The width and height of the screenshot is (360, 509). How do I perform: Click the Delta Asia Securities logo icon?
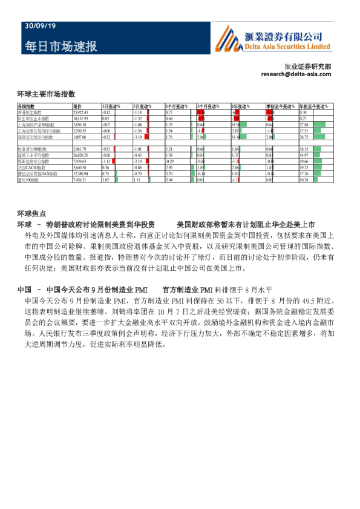coord(227,38)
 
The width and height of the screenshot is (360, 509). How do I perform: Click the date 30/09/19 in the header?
coord(41,27)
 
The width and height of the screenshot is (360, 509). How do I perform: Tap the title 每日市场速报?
coord(61,47)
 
